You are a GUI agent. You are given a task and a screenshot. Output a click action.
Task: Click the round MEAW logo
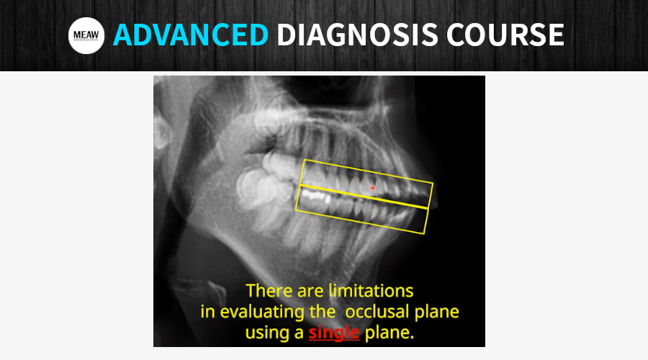[x=86, y=36]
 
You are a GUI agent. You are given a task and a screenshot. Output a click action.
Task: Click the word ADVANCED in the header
[x=190, y=35]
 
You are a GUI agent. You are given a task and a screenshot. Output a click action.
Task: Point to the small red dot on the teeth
[x=372, y=188]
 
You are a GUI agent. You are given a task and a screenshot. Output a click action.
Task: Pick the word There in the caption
[x=269, y=292]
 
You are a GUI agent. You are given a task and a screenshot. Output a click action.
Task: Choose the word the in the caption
[x=318, y=313]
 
